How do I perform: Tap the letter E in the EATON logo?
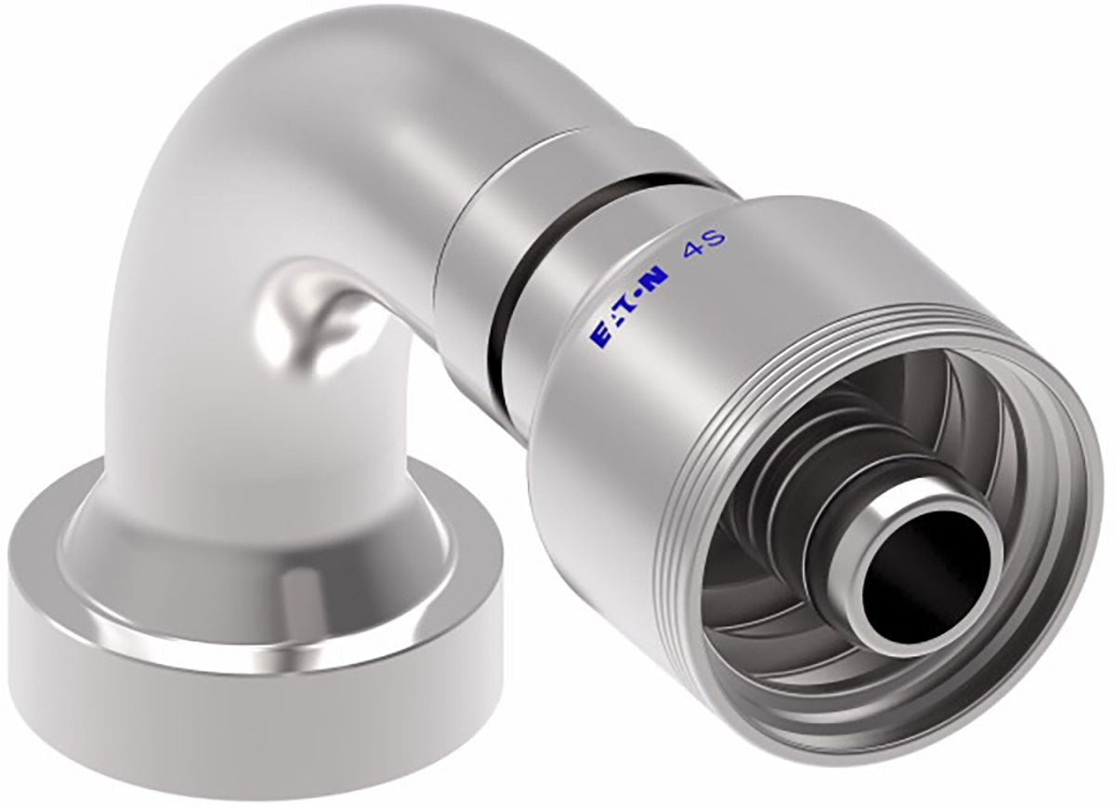598,337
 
